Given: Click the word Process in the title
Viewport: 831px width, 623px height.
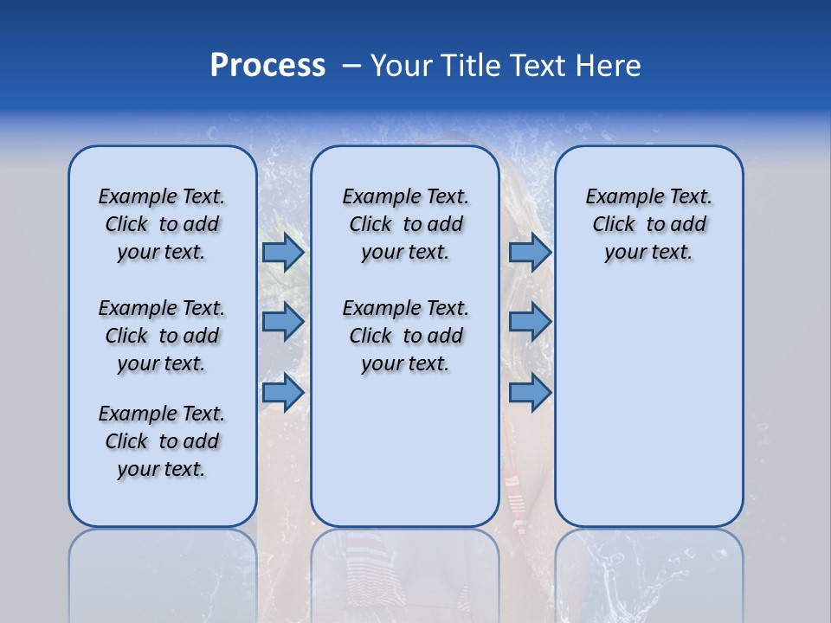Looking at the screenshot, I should (267, 66).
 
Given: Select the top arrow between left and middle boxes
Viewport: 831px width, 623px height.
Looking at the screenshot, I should (283, 252).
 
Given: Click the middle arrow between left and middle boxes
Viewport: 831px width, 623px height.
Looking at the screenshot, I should (283, 322).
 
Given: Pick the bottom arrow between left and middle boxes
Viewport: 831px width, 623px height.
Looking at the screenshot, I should (283, 392).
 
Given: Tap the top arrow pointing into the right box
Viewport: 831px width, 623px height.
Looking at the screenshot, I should (530, 252).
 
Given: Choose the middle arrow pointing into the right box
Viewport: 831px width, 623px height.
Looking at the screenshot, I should (530, 322).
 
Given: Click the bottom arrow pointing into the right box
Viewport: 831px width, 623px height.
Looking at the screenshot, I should (530, 392).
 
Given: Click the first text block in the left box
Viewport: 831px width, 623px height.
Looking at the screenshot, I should (162, 224).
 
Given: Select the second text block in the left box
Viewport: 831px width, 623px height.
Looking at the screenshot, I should (162, 336).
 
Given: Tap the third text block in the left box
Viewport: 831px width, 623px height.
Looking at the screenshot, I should (162, 441).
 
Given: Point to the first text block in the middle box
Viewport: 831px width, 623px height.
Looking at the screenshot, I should (405, 224).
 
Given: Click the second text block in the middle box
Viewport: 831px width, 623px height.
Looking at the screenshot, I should (405, 336).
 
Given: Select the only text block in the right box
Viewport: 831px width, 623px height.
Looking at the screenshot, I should (648, 224).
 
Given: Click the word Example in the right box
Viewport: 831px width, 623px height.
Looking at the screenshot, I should (621, 197).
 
